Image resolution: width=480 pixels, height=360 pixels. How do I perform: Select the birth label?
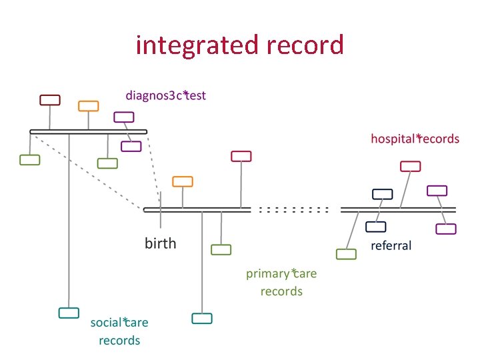[161, 243]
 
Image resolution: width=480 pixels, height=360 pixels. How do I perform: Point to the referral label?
[391, 245]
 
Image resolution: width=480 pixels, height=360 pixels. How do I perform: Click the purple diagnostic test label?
[166, 95]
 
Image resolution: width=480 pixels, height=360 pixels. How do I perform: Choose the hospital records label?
[415, 139]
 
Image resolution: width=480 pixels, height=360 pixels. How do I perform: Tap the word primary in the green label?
[268, 273]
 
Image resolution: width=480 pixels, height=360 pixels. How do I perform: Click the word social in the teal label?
[105, 323]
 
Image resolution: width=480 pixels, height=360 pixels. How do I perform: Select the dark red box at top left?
[50, 100]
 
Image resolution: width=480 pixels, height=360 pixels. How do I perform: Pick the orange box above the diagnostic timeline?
[88, 105]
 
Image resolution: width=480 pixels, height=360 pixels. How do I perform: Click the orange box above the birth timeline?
[183, 181]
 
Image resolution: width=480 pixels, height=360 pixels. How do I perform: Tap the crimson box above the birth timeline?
[241, 156]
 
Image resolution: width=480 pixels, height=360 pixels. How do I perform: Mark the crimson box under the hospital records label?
[410, 166]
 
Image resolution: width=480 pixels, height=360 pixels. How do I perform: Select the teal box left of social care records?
[69, 313]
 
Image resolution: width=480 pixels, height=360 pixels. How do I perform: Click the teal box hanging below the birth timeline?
[201, 318]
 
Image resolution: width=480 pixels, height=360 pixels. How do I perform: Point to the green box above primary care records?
[221, 249]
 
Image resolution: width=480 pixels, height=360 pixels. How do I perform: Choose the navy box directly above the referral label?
[376, 227]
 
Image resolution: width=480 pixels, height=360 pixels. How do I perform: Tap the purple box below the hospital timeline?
[445, 229]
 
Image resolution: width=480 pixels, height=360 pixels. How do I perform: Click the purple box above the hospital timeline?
[437, 190]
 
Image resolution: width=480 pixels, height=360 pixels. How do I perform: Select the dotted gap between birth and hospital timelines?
[294, 209]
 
